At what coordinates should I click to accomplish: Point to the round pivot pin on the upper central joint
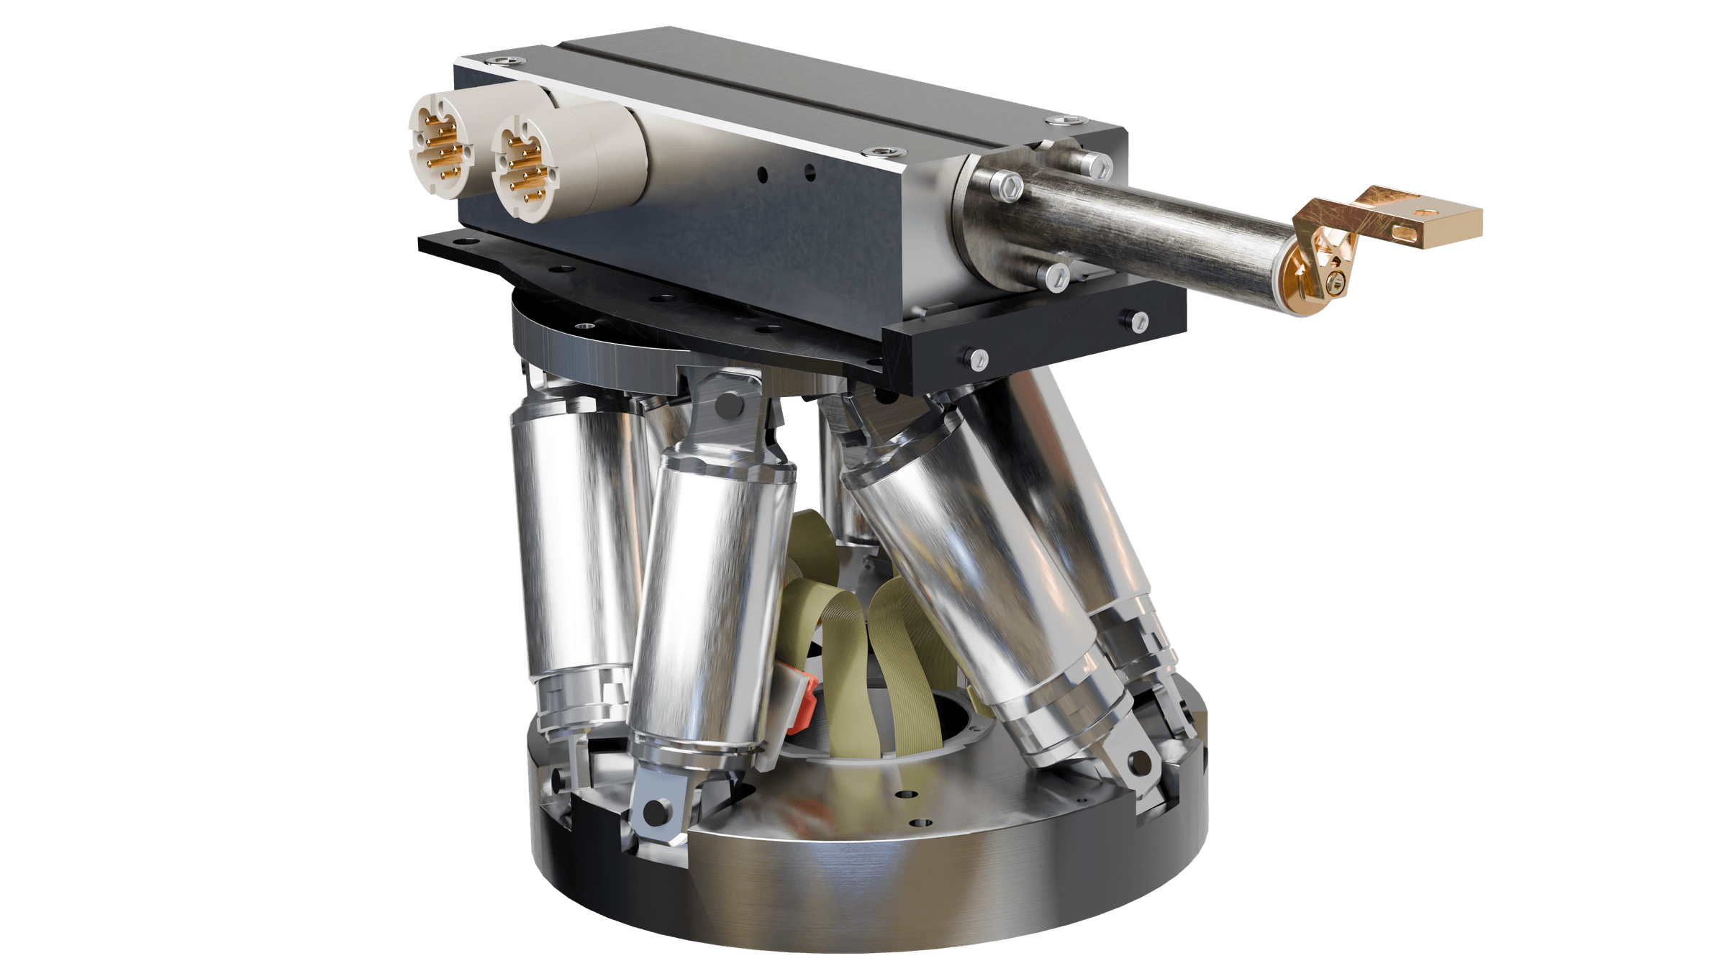(730, 403)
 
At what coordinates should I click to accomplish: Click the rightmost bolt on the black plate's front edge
(1138, 321)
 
